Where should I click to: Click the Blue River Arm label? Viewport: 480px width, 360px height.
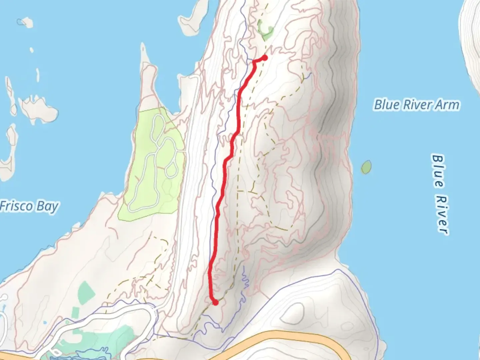[417, 105]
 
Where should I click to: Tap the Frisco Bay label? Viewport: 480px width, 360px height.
[29, 206]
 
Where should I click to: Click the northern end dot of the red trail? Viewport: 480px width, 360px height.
[265, 58]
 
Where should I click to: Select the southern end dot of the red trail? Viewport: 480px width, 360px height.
[215, 302]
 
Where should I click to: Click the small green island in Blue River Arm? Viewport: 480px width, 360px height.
[366, 167]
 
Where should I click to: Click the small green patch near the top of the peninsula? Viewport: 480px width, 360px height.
[265, 29]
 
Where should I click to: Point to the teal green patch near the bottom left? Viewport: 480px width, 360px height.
[86, 291]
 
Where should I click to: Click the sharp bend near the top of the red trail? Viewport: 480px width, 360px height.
[254, 62]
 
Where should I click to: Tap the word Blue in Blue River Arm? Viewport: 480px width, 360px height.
[387, 105]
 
